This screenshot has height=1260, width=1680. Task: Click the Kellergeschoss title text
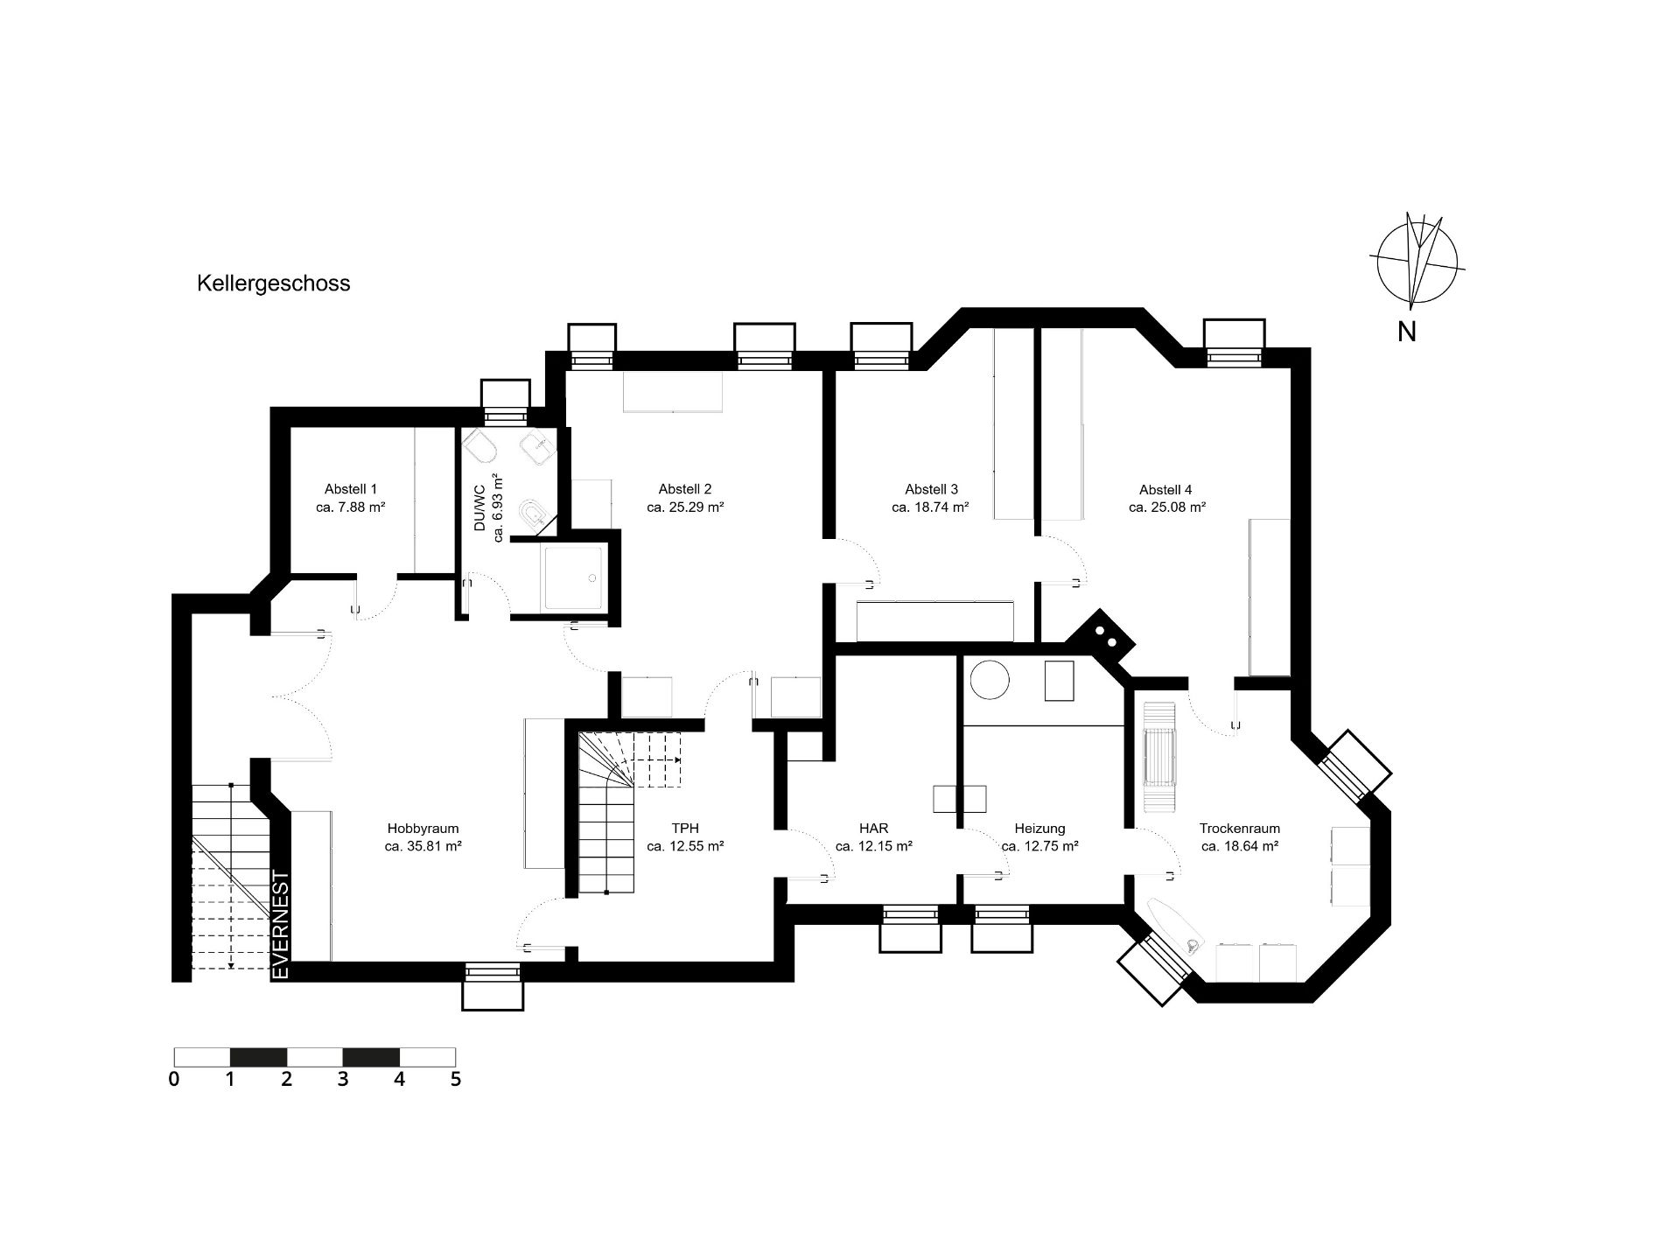(x=273, y=283)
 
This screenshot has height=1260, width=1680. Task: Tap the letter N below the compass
(x=1407, y=332)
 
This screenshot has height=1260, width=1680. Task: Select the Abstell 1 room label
(x=351, y=489)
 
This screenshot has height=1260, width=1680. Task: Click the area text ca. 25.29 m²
(x=685, y=507)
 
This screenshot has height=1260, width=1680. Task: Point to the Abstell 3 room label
(x=931, y=489)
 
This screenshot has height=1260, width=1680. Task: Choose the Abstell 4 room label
(x=1165, y=489)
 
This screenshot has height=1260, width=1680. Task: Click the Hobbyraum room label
(x=423, y=829)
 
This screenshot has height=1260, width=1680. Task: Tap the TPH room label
(x=685, y=829)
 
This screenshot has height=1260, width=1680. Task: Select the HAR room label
(x=874, y=829)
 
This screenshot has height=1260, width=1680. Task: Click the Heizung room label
(x=1039, y=829)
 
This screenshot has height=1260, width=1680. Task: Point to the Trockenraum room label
(x=1240, y=829)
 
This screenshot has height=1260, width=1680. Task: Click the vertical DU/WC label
(x=479, y=508)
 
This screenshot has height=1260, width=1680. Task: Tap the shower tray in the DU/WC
(x=573, y=577)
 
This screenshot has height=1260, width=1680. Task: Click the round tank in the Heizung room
(x=990, y=679)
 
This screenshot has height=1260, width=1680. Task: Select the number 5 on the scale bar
(x=455, y=1079)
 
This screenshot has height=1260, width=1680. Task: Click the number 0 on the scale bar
(x=174, y=1079)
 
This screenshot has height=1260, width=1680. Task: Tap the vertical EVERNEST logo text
(x=281, y=925)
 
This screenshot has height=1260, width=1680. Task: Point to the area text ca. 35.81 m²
(x=423, y=846)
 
